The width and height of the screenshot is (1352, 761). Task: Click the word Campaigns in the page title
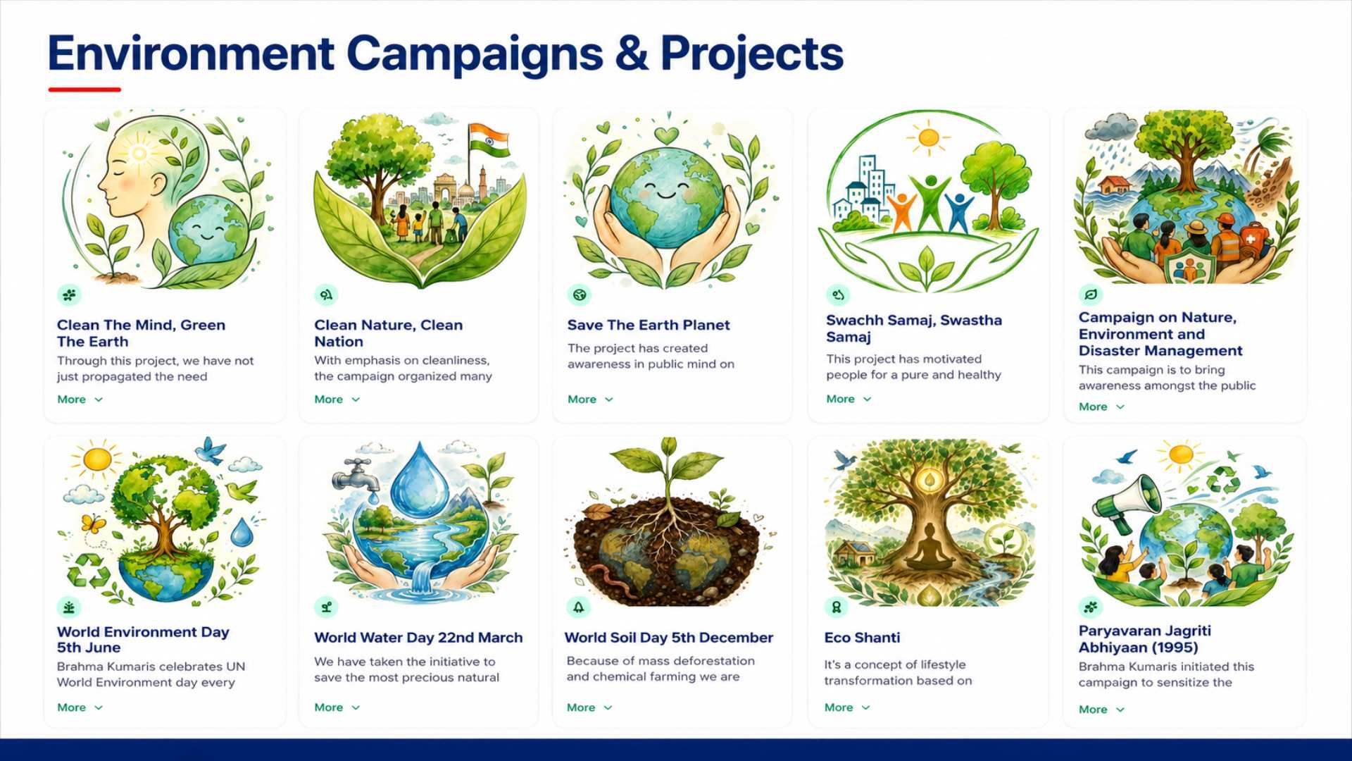[x=475, y=54]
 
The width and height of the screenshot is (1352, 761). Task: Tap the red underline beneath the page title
[x=84, y=89]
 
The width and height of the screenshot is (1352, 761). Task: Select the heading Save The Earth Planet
[x=649, y=325]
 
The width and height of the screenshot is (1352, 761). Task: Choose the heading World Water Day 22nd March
[x=418, y=638]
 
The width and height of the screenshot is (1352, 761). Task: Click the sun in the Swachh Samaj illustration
[x=928, y=137]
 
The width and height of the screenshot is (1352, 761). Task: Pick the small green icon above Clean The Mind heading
[x=69, y=295]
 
